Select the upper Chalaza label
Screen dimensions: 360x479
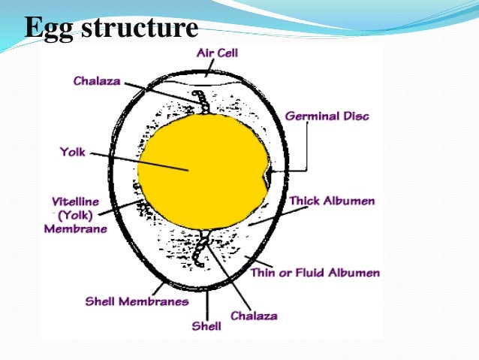[x=98, y=80]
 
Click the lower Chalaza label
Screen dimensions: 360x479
[x=253, y=316]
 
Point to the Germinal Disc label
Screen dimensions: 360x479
[x=327, y=116]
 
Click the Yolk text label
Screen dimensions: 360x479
[x=73, y=152]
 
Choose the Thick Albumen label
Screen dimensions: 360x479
[x=332, y=201]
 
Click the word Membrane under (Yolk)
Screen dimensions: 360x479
[x=75, y=228]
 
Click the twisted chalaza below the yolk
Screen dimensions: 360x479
[x=200, y=249]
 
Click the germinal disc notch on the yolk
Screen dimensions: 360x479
[x=266, y=176]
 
